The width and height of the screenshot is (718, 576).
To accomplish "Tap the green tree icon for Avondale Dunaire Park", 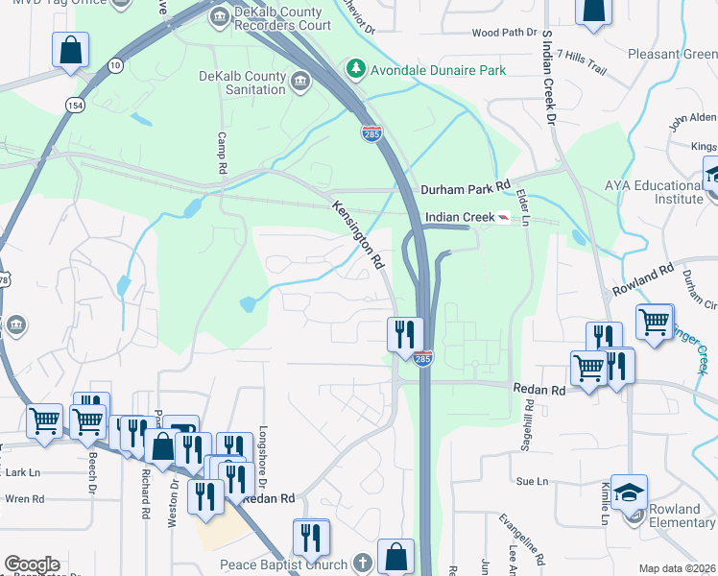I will [355, 68].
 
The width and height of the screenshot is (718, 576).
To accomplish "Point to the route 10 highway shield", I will [115, 64].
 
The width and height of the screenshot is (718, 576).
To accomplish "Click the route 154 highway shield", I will [73, 104].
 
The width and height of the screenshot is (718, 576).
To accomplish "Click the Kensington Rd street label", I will [358, 233].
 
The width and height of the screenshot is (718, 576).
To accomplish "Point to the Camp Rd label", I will [222, 154].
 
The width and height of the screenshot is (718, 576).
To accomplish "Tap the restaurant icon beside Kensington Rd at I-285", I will [405, 333].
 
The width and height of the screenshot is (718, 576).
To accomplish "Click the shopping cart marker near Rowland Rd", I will [655, 322].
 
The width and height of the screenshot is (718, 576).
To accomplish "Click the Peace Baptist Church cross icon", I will [362, 564].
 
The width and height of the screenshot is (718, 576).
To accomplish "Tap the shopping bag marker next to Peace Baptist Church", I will [395, 556].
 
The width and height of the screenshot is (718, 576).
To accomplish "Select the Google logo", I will [32, 564].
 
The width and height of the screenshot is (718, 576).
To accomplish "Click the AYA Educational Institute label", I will [654, 192].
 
